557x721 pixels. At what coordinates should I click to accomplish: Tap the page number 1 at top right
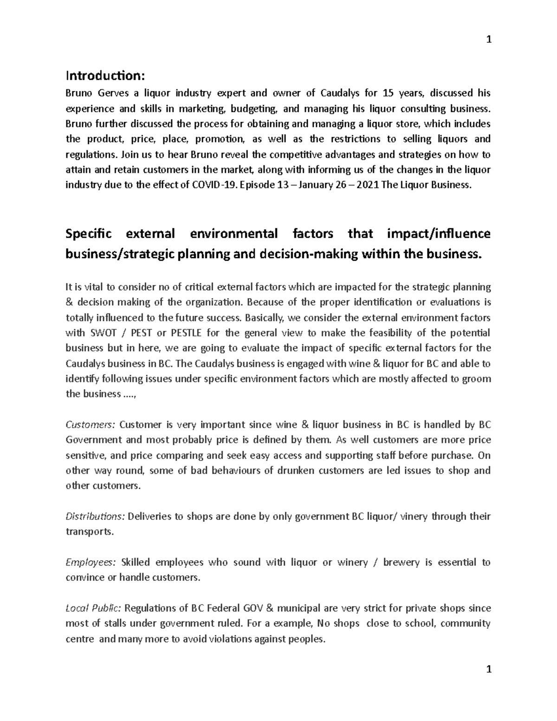[488, 40]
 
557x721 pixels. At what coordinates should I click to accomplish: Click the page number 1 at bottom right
[488, 669]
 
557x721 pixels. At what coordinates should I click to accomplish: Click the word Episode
[256, 185]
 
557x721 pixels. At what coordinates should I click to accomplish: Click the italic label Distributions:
[95, 517]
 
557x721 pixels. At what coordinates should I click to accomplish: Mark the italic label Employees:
[91, 563]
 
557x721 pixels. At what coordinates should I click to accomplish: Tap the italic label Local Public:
[93, 609]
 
